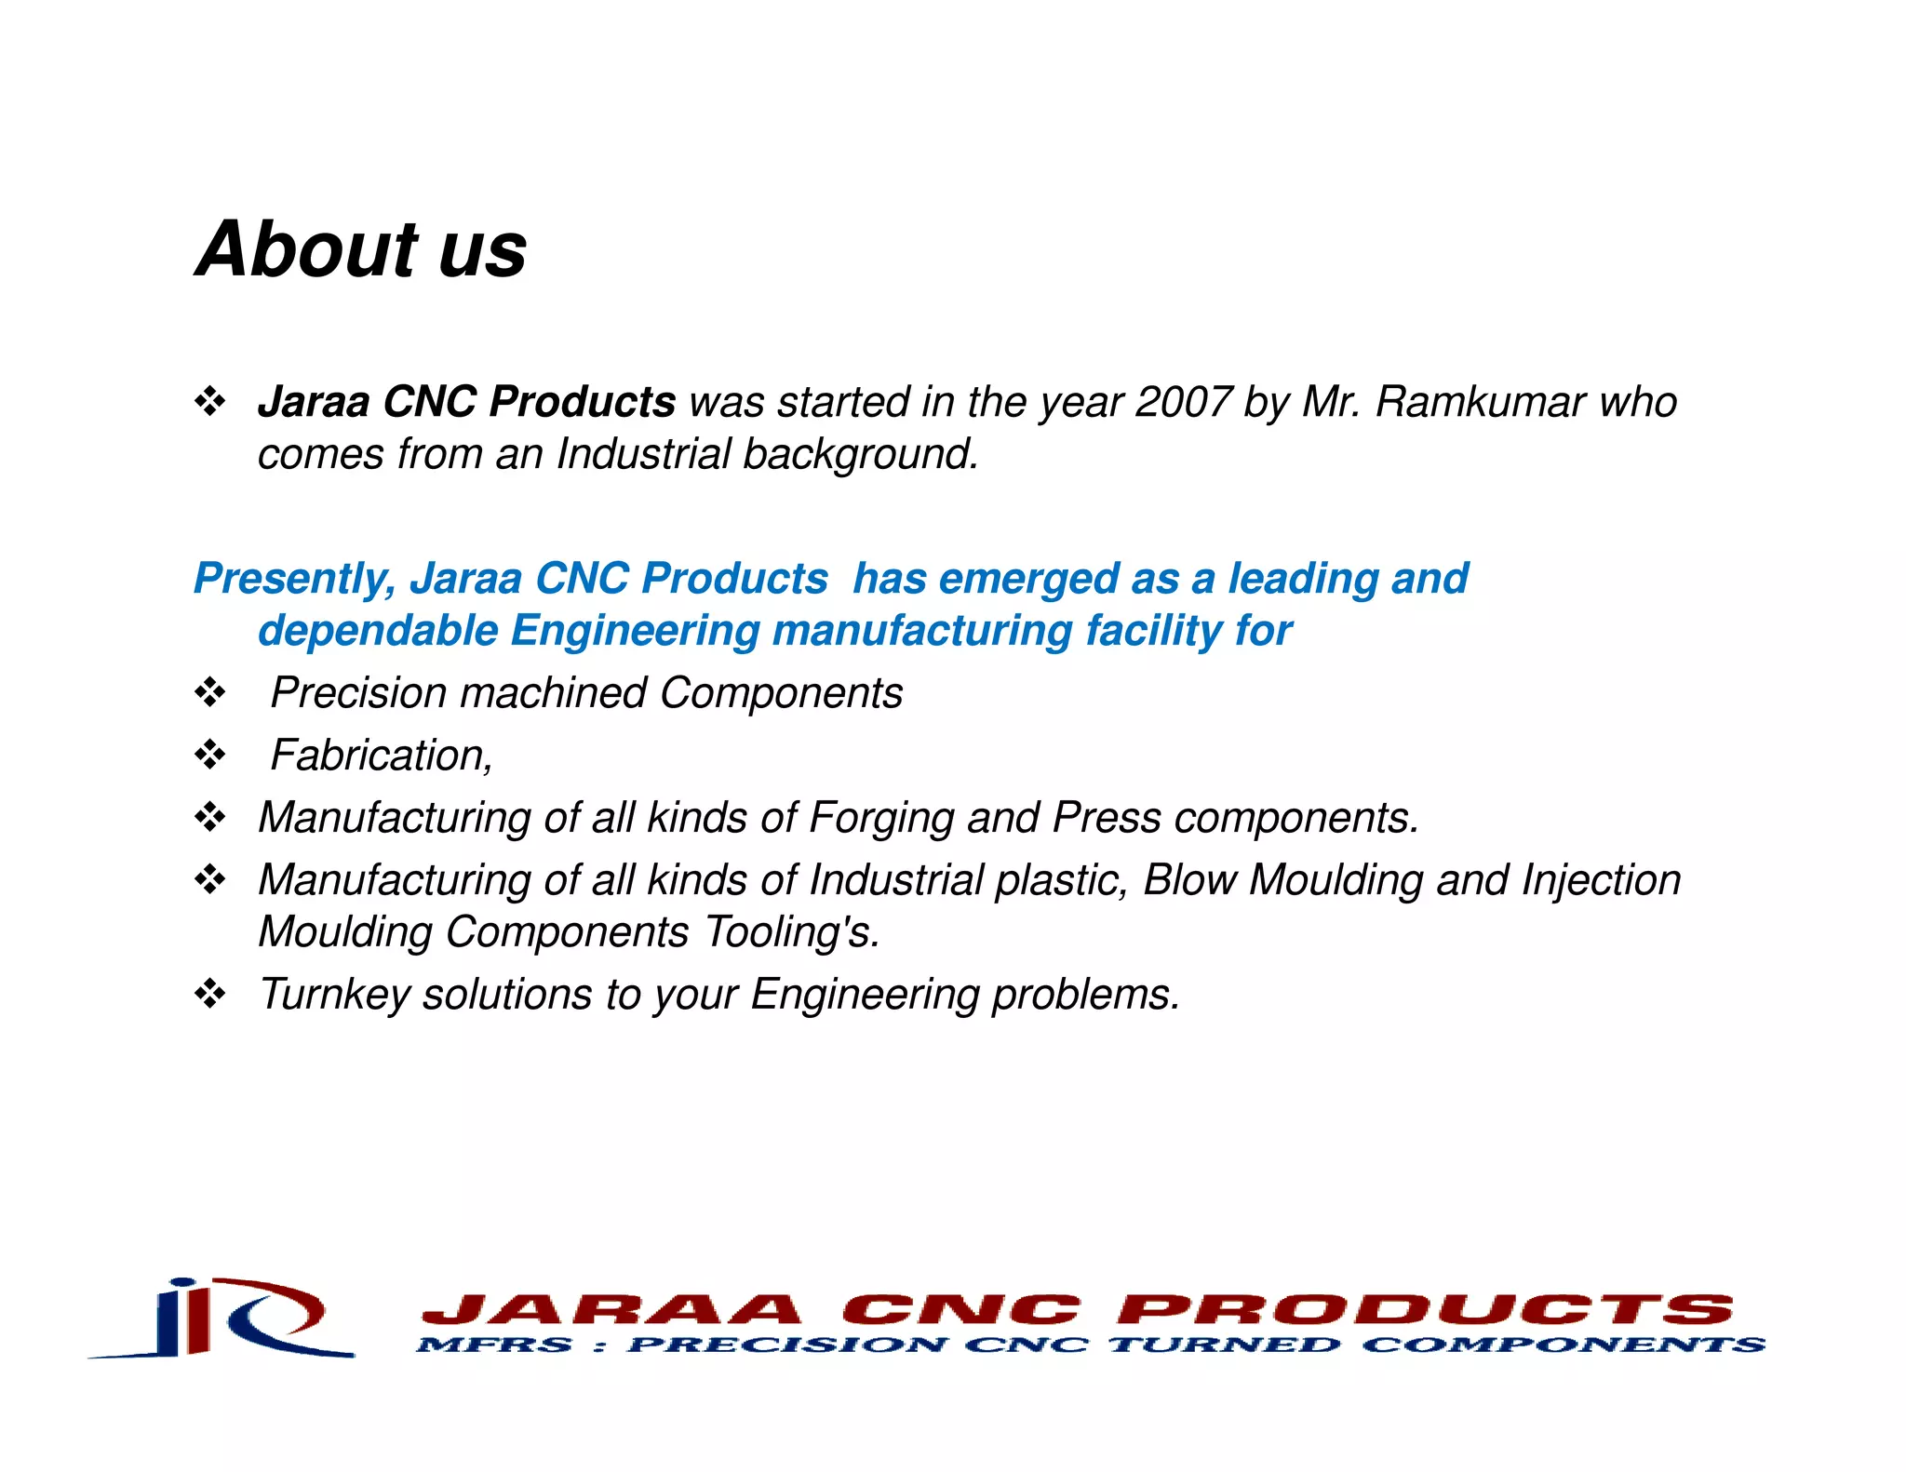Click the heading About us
click(x=361, y=249)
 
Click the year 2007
click(x=1183, y=402)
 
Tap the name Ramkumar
click(x=1480, y=402)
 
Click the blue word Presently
click(x=294, y=579)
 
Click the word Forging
click(x=881, y=818)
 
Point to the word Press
click(x=1107, y=818)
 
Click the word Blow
click(x=1189, y=880)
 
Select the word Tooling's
click(x=791, y=932)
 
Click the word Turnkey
click(x=334, y=995)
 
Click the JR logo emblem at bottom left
click(x=223, y=1319)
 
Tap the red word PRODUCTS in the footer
click(x=1425, y=1310)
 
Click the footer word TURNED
click(x=1225, y=1345)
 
